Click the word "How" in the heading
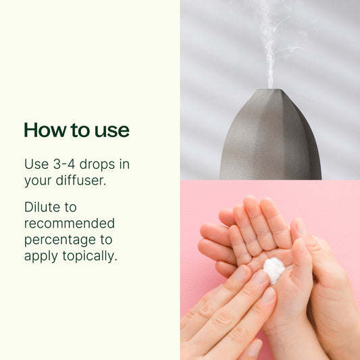coord(45,130)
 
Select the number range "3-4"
coord(64,164)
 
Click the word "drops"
coord(97,165)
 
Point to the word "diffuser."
coord(81,180)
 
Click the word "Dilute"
coord(42,207)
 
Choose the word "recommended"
coord(70,224)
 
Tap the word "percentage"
coord(60,240)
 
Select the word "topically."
coord(90,256)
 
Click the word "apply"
coord(41,257)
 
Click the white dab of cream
coord(274,269)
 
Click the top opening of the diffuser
coord(272,90)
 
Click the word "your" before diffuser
coord(38,181)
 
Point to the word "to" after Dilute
coord(70,207)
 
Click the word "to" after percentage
coord(106,240)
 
